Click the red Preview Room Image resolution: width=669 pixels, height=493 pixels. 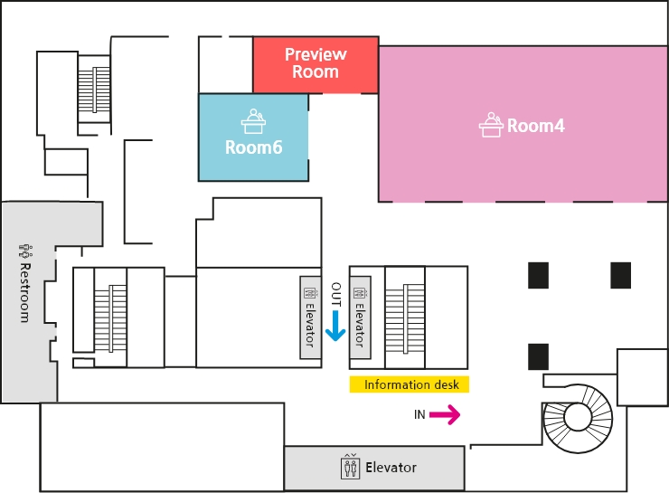(x=315, y=64)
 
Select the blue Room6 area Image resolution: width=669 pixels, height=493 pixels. (x=253, y=136)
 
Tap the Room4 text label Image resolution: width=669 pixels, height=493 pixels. (x=535, y=126)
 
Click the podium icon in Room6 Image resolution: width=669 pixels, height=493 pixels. (x=251, y=120)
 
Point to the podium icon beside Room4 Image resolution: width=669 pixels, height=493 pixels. (x=491, y=125)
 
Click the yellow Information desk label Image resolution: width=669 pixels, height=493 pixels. (x=410, y=384)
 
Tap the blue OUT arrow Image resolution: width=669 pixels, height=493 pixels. (x=335, y=325)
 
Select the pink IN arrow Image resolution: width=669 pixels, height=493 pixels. (x=445, y=415)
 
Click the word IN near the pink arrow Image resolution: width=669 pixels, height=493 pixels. (x=419, y=415)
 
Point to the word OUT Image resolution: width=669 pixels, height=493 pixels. (x=335, y=292)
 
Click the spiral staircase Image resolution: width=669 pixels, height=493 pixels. (x=578, y=416)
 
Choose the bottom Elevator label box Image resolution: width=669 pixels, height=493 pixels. (x=375, y=468)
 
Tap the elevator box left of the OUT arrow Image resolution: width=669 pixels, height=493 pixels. (x=309, y=316)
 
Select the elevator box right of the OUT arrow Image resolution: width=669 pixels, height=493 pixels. (x=359, y=316)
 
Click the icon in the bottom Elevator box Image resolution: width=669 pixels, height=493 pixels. (x=350, y=467)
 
